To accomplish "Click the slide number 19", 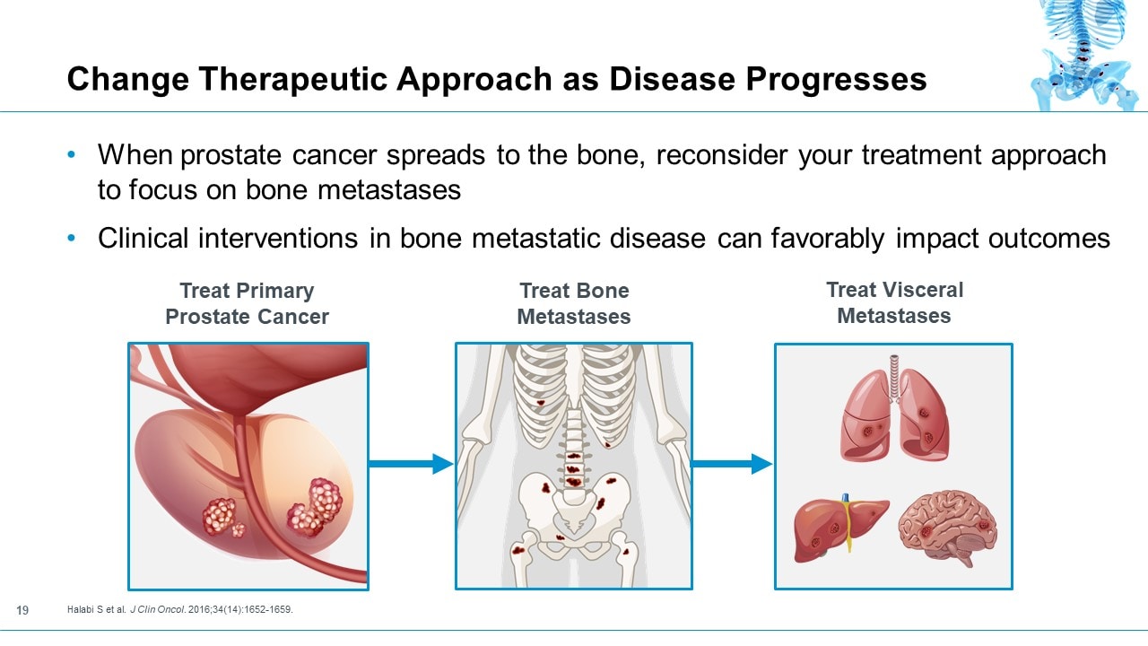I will [x=23, y=611].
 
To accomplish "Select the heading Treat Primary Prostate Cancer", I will [x=247, y=303].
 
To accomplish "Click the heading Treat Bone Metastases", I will [x=574, y=303].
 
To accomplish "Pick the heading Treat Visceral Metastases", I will [x=894, y=302].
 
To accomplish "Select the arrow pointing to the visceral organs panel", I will [x=732, y=464].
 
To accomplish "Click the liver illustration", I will [x=839, y=529].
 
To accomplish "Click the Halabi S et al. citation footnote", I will [x=180, y=611].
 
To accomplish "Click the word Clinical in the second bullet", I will [x=143, y=238].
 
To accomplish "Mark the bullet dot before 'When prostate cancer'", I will [x=73, y=155].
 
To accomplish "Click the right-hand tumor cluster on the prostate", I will [x=315, y=505].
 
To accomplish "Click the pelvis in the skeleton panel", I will [x=574, y=502].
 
